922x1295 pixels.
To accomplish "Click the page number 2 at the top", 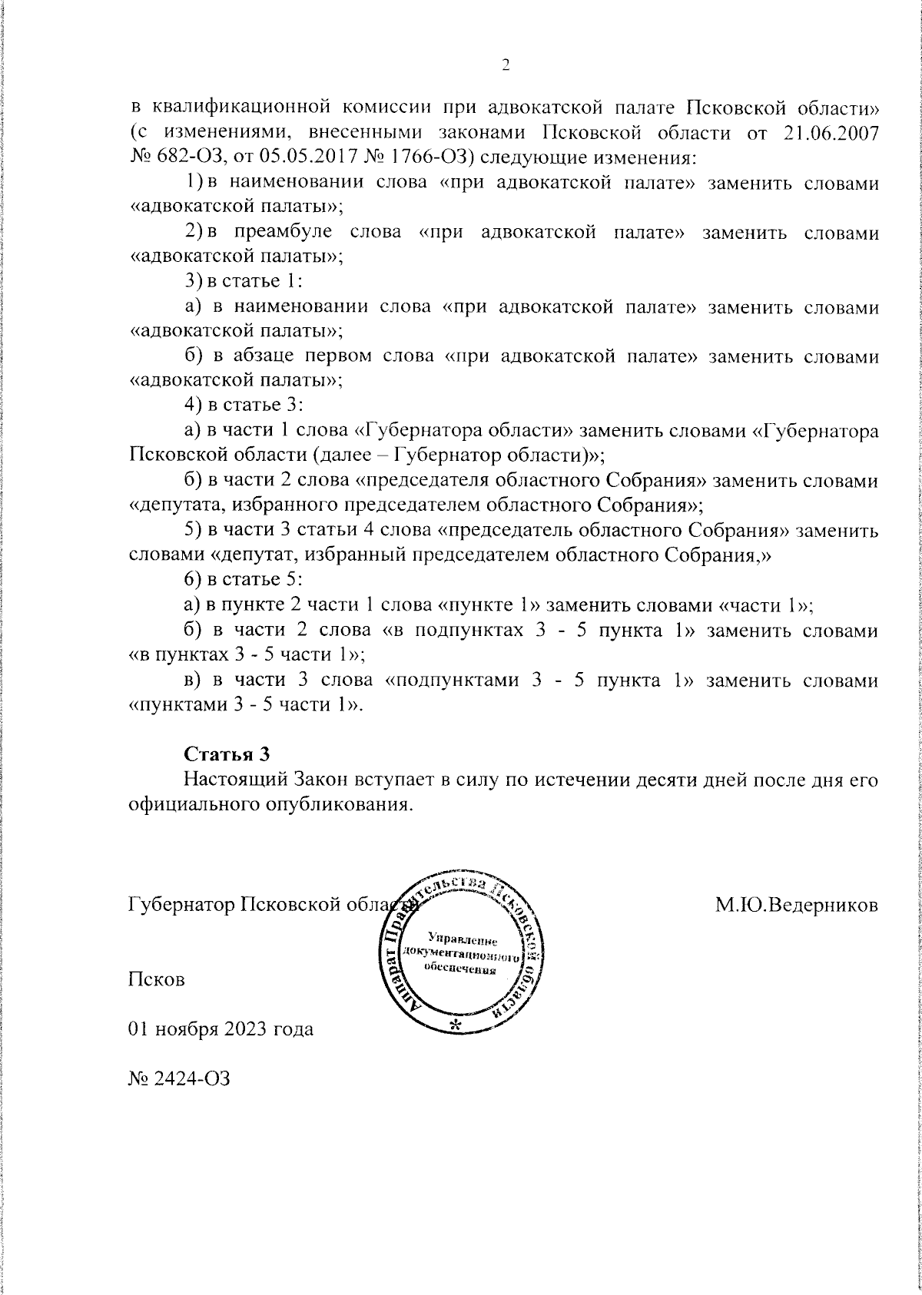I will pos(506,66).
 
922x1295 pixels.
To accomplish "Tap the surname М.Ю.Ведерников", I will pos(797,905).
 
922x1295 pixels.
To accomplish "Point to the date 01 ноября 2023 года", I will pos(221,1028).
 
